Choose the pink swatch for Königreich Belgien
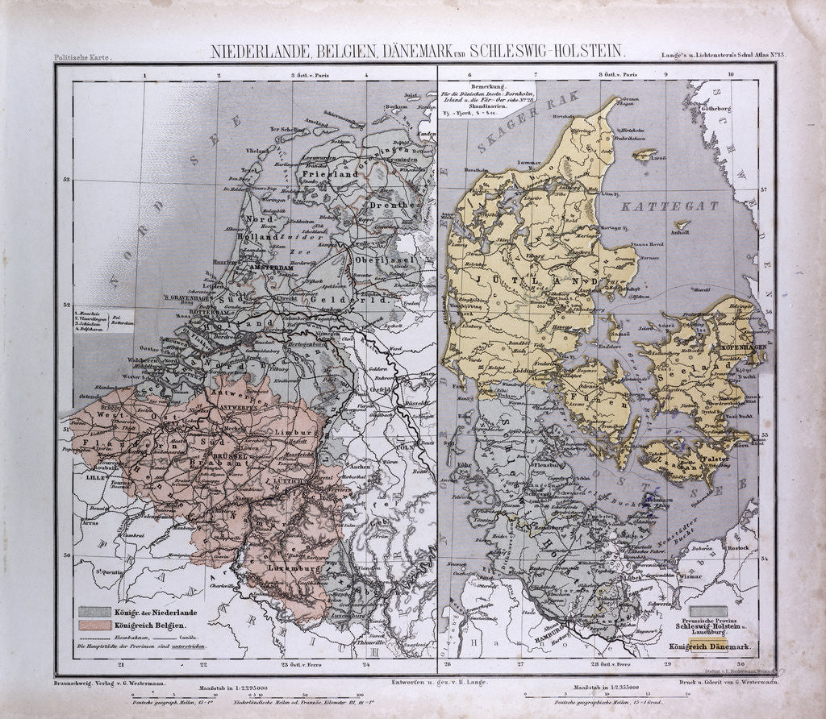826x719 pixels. (x=94, y=625)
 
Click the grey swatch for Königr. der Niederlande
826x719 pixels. (x=94, y=612)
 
